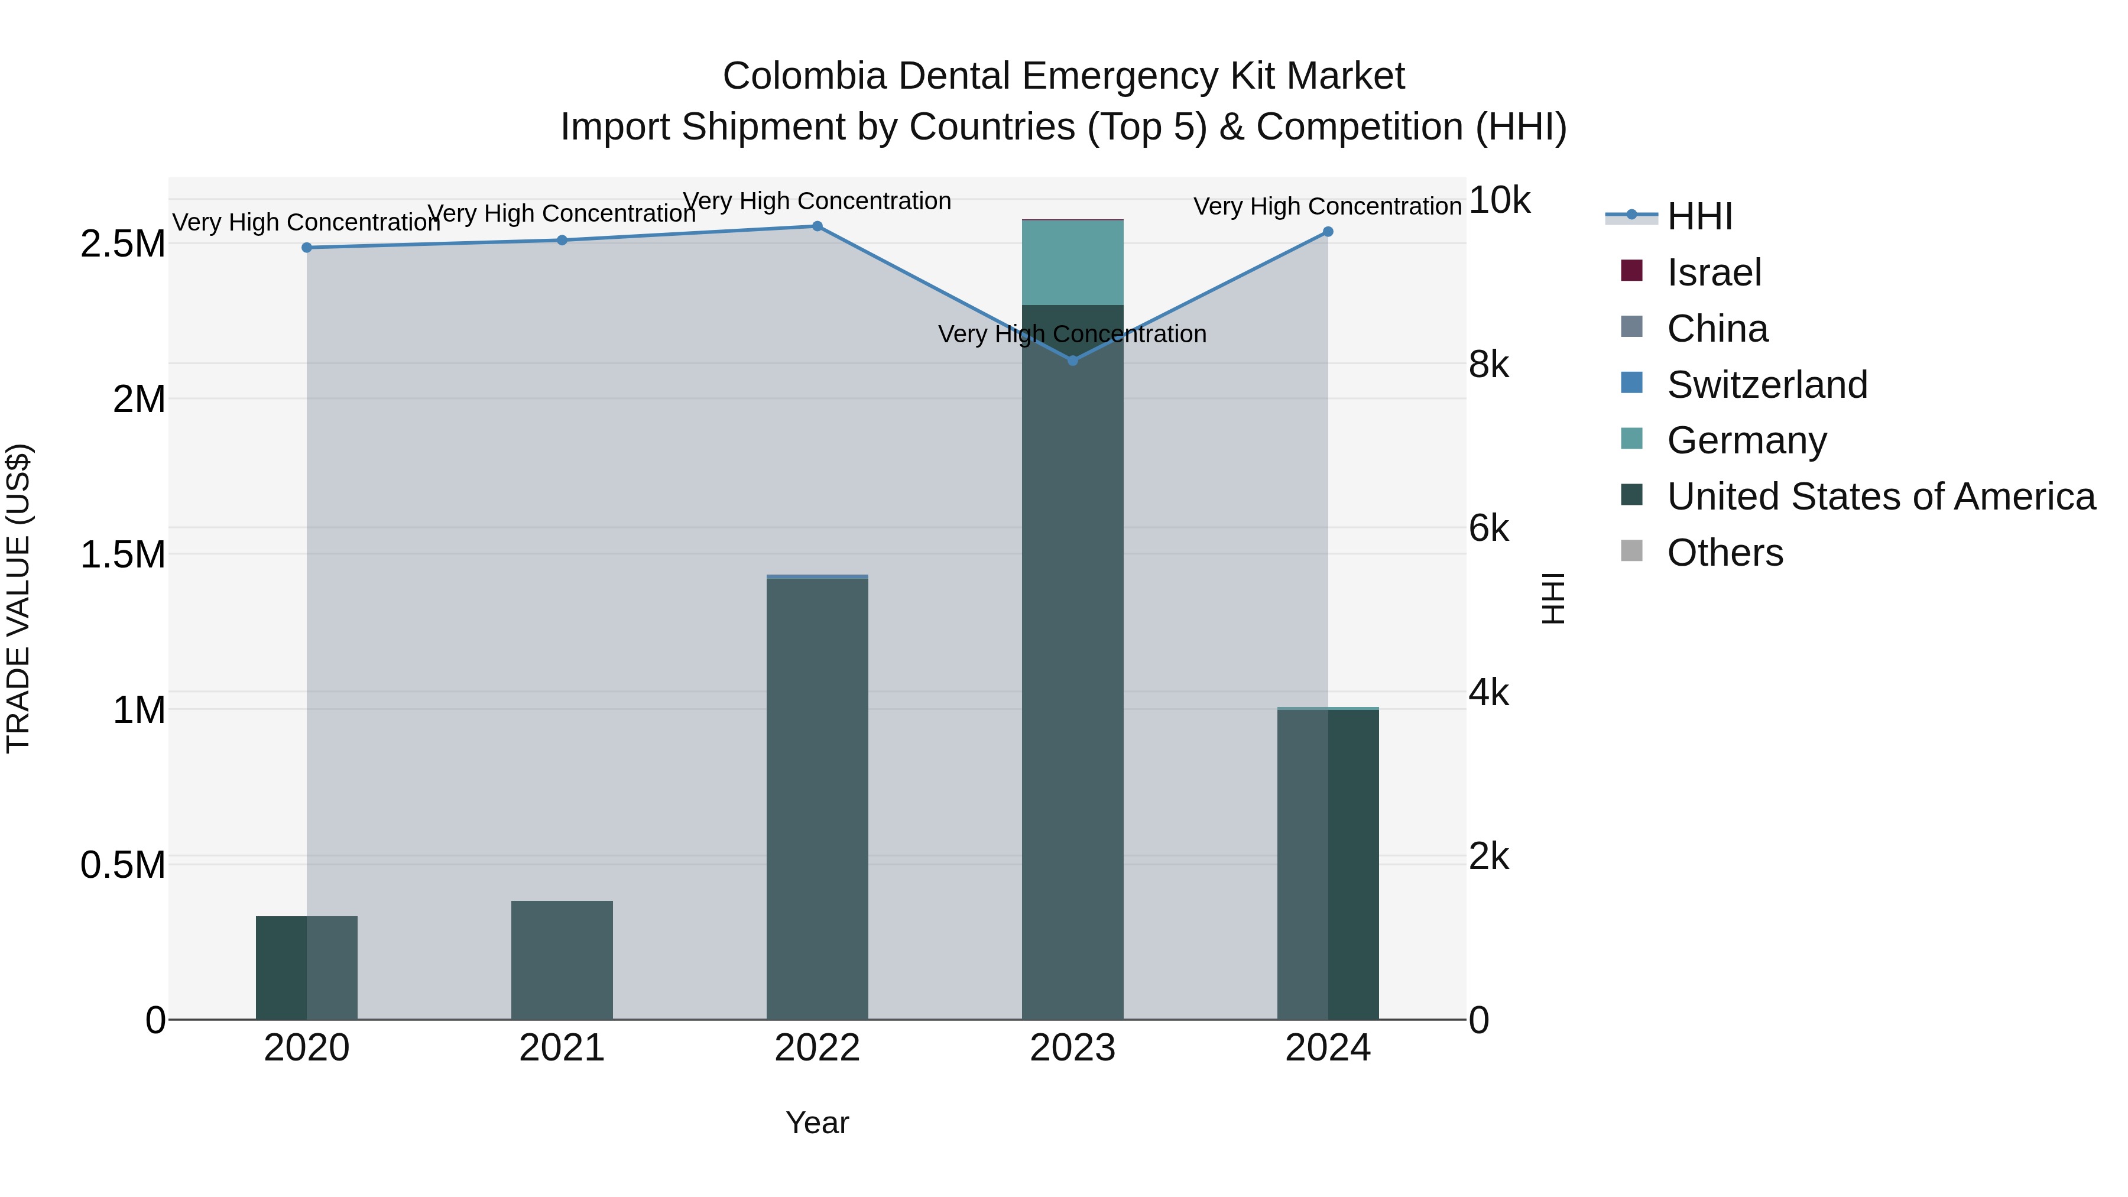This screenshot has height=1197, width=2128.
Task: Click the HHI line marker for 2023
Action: click(x=1072, y=360)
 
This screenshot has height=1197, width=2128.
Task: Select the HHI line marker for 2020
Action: click(x=306, y=247)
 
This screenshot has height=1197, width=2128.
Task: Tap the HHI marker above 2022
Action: click(x=817, y=226)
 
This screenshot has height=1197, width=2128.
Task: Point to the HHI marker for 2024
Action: click(x=1328, y=231)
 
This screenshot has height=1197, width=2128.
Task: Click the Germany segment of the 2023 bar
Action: click(x=1072, y=262)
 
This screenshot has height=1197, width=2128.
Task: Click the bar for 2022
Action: click(x=817, y=798)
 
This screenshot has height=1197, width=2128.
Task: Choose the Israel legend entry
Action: click(x=1713, y=273)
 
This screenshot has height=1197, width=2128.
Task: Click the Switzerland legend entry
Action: click(x=1766, y=385)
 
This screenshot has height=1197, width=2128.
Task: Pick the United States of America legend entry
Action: click(x=1880, y=497)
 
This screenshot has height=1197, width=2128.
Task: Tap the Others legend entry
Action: click(x=1724, y=553)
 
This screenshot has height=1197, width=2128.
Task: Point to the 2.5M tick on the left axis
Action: click(x=122, y=244)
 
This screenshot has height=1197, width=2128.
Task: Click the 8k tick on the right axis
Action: click(x=1488, y=364)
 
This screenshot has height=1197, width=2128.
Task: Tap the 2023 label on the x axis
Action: click(x=1072, y=1048)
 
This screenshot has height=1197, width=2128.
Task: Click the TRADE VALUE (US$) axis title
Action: click(x=18, y=598)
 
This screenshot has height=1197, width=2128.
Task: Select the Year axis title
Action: click(x=817, y=1123)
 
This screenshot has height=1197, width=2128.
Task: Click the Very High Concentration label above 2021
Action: click(x=562, y=213)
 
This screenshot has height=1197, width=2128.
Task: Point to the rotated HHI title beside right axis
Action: click(x=1553, y=598)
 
